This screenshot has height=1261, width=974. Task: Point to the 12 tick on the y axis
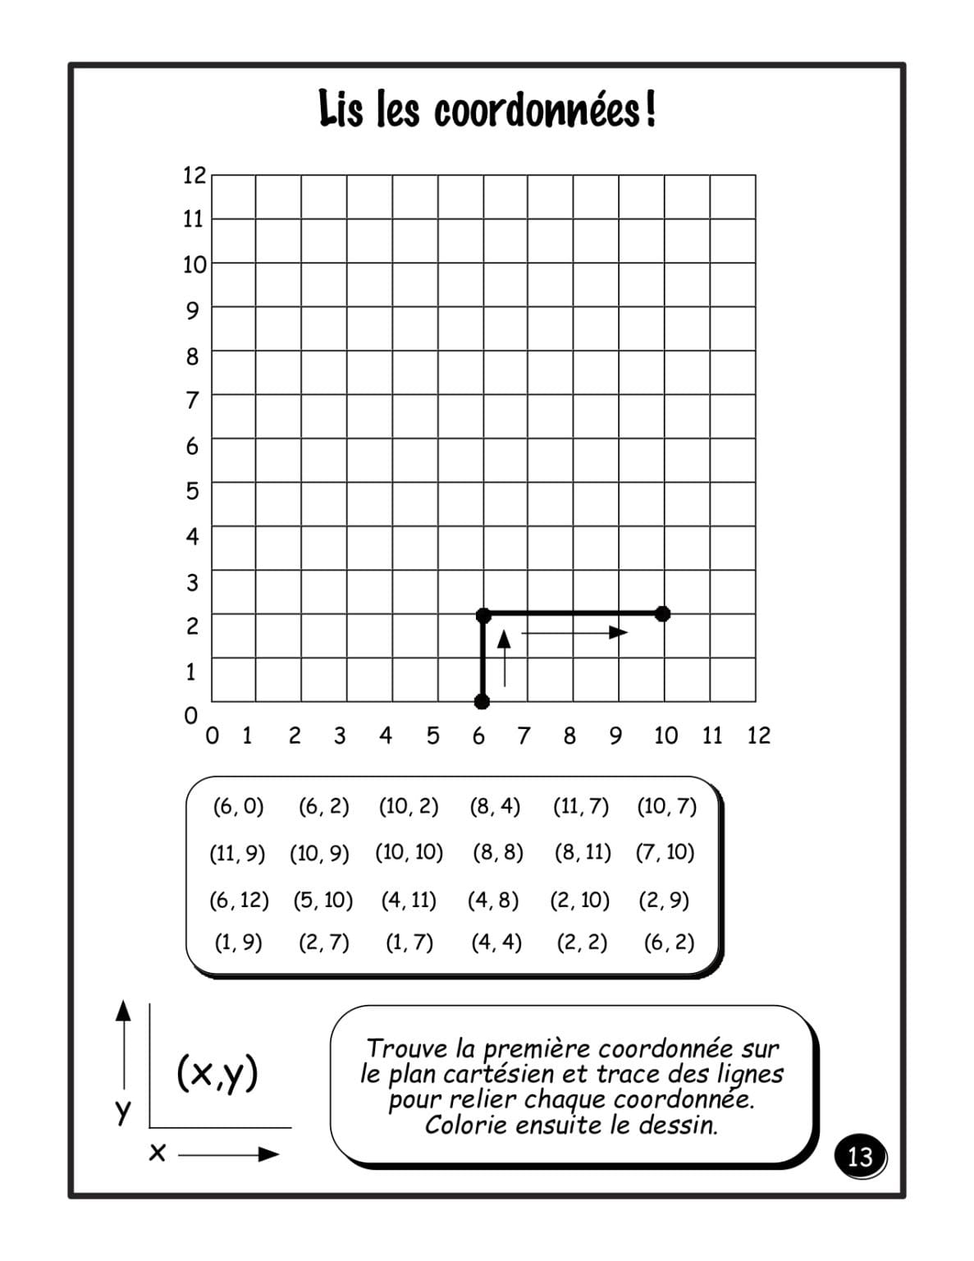click(194, 175)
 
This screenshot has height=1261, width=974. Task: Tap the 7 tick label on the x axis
click(524, 736)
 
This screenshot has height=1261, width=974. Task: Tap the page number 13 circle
click(859, 1156)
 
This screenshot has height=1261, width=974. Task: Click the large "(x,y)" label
click(217, 1073)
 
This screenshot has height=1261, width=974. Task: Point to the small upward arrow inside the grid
click(505, 657)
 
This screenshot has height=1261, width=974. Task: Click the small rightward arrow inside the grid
click(574, 632)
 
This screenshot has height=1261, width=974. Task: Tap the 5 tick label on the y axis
click(193, 491)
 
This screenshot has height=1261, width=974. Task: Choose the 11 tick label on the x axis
click(711, 736)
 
